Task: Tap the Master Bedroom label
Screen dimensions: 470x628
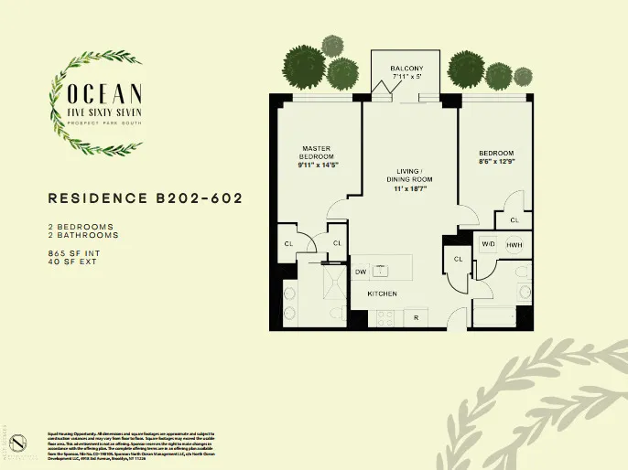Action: tap(316, 154)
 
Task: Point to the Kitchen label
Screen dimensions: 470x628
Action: tap(381, 294)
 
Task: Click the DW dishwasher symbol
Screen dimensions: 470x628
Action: tap(361, 272)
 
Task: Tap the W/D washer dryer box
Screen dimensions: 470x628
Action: tap(488, 244)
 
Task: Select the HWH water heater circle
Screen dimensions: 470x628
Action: tap(514, 244)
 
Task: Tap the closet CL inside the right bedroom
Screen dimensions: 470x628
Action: tap(514, 220)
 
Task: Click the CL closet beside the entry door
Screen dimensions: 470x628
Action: tap(457, 261)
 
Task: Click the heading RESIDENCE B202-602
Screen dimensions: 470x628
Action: tap(145, 198)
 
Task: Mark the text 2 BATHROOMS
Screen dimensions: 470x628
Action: tap(82, 234)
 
